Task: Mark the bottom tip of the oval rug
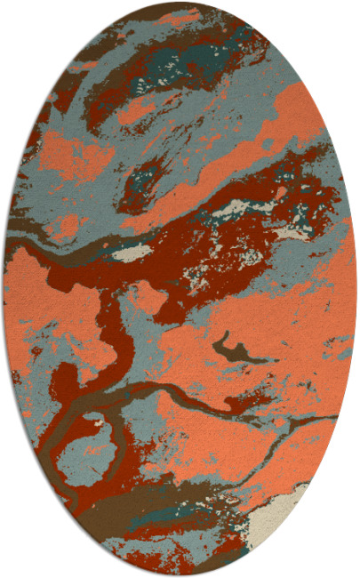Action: click(x=180, y=574)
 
